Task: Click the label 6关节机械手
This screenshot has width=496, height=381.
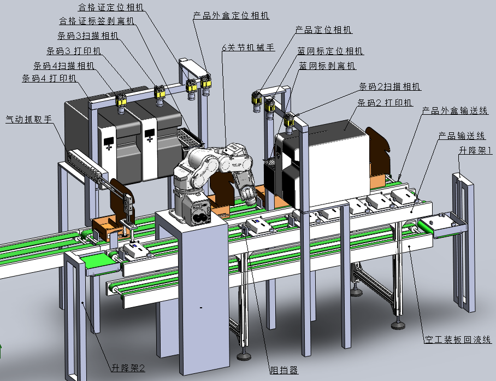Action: coord(249,48)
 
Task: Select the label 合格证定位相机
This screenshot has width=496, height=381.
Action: coord(111,7)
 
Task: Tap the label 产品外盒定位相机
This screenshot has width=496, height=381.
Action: coord(231,15)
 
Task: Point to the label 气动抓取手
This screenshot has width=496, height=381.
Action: coord(29,119)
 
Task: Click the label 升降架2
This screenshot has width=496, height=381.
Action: coord(128,368)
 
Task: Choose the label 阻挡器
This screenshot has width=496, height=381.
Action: coord(284,370)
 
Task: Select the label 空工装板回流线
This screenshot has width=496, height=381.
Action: coord(457,339)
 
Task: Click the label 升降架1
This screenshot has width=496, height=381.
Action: coord(475,150)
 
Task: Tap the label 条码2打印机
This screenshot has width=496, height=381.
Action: coord(385,103)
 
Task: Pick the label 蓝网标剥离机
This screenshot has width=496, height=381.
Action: coord(327,66)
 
